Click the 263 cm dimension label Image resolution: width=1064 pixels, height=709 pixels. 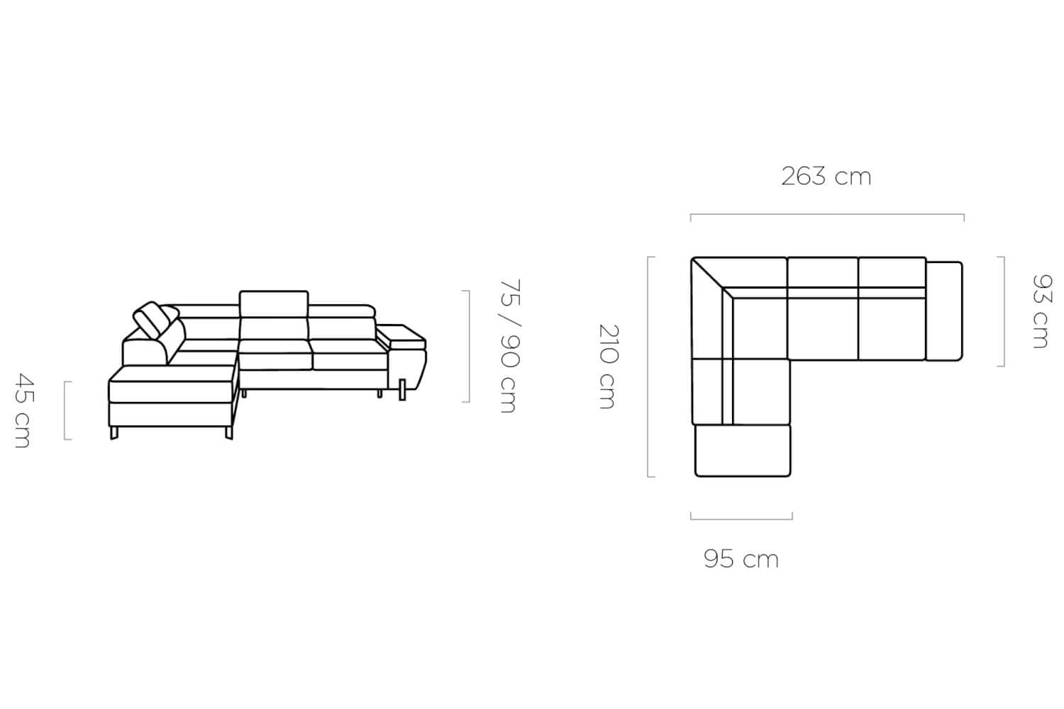coord(826,177)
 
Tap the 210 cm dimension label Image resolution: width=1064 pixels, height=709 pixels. coord(607,366)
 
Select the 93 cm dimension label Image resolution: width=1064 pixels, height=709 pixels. coord(1041,311)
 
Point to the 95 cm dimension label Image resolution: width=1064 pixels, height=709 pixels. coord(741,559)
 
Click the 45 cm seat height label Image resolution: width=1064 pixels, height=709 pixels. coord(23,411)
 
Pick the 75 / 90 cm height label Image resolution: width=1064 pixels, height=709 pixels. coord(510,346)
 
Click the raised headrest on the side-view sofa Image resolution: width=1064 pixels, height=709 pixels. coord(274,304)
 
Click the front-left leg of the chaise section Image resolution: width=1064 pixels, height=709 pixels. coord(113,433)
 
